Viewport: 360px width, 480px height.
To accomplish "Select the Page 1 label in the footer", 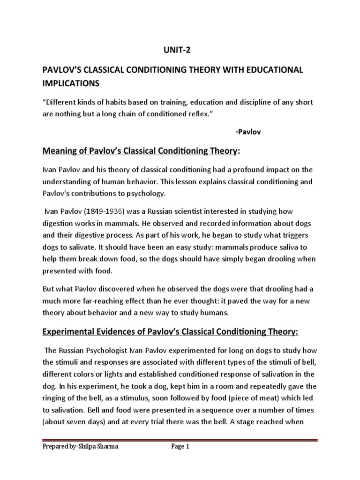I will point(180,447).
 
